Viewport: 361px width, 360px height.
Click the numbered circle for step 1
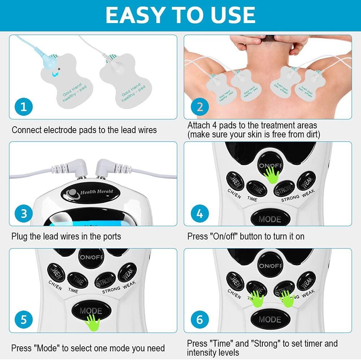click(24, 107)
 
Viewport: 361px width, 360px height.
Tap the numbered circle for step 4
click(200, 214)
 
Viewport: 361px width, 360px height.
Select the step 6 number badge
click(200, 319)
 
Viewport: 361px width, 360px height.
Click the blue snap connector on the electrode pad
click(47, 63)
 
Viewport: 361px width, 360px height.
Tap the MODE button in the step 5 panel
click(90, 311)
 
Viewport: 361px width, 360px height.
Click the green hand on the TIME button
click(257, 298)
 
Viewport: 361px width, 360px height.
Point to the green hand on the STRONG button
click(287, 298)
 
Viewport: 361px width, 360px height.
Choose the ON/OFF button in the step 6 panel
click(270, 265)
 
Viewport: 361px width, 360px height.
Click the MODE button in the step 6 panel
click(270, 319)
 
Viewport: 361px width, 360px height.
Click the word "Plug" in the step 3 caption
click(18, 237)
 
